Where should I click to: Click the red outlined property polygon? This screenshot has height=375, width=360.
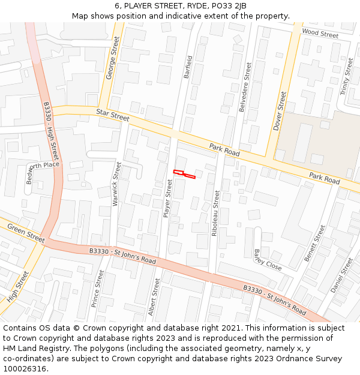(184, 174)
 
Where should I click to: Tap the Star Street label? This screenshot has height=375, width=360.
(112, 115)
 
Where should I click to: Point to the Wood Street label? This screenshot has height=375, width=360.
(320, 34)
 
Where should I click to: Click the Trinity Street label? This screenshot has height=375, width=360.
(347, 76)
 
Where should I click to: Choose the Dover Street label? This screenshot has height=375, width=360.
(280, 111)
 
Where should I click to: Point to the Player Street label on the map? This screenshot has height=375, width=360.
(168, 197)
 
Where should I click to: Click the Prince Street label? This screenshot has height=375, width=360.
(97, 289)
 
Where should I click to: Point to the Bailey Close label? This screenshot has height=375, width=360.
(267, 260)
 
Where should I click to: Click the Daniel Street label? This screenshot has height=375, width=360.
(342, 275)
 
